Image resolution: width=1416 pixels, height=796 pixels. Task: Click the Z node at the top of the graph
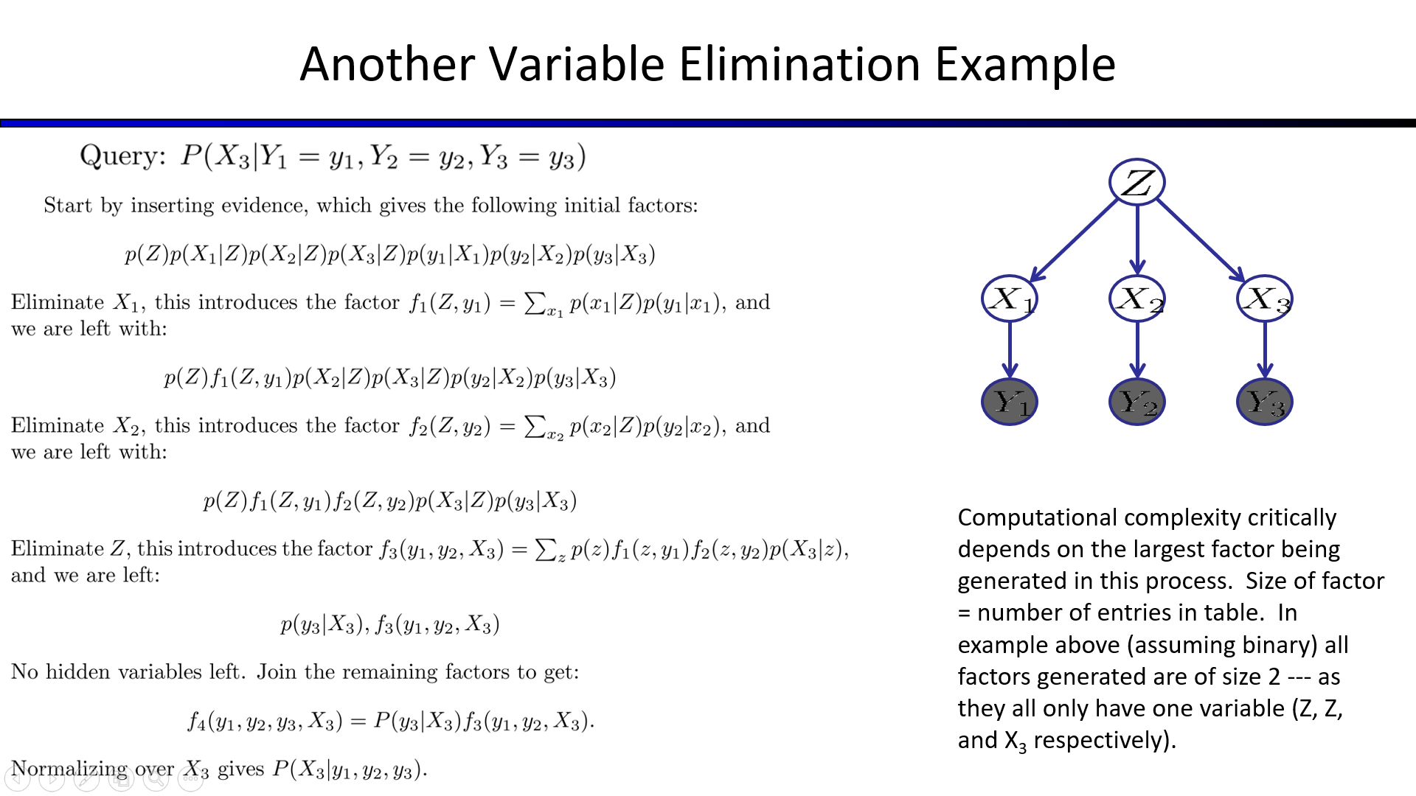[1136, 182]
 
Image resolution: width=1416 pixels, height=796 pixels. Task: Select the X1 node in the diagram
[1010, 298]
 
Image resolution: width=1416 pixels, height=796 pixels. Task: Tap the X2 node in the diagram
[1137, 298]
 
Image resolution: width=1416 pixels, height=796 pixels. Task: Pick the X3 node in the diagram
[1265, 298]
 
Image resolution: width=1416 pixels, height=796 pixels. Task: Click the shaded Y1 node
[1010, 402]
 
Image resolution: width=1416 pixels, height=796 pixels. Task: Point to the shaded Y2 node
[1137, 402]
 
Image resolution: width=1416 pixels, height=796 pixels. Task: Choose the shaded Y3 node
[1265, 402]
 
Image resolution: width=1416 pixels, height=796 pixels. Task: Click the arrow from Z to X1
[1074, 240]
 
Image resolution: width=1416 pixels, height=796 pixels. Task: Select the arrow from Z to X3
[1201, 240]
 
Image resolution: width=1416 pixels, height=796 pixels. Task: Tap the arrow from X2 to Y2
[1137, 350]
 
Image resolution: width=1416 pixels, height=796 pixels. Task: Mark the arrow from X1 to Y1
[1010, 350]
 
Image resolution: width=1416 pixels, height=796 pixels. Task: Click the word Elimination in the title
[799, 63]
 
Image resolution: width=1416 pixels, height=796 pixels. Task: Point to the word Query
[122, 156]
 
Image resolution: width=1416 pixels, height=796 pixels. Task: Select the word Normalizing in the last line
[69, 769]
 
